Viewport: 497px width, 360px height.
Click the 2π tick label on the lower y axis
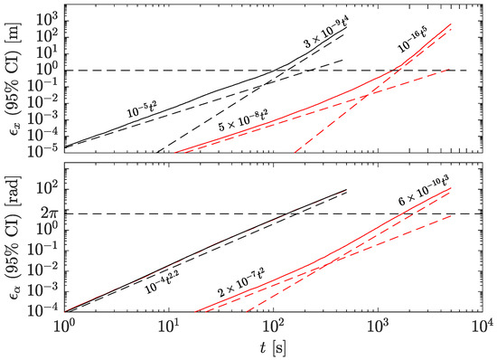[x=47, y=213]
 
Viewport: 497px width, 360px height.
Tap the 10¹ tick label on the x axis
[x=169, y=327]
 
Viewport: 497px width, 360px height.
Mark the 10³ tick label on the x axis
[x=379, y=327]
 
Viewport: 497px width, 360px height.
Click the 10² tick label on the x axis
[x=274, y=327]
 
